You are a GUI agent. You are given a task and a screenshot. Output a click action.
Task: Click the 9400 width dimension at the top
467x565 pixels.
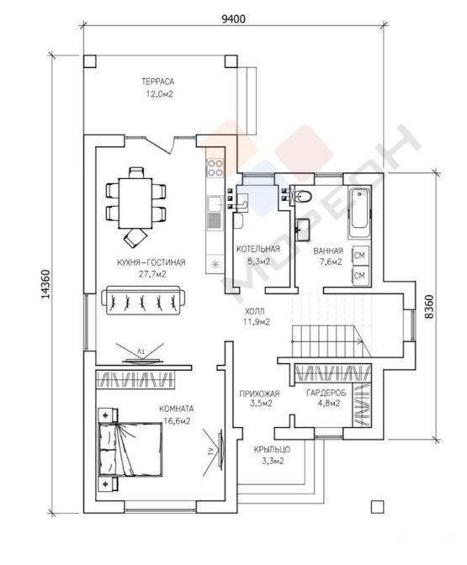coord(233,18)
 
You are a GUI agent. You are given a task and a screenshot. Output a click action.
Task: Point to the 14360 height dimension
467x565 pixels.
coord(45,285)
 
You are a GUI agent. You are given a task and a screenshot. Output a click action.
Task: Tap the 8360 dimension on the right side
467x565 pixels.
coord(429,307)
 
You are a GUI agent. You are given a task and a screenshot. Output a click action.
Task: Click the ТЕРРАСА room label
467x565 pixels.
coord(157,82)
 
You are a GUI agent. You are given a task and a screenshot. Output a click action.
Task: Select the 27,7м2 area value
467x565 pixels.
coord(152,274)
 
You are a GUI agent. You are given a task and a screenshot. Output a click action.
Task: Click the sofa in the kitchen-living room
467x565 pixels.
coord(144,300)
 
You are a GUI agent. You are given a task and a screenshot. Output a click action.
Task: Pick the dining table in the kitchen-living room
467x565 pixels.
coord(135,203)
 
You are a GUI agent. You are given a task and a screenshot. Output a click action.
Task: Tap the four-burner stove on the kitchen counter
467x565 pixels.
coord(215,168)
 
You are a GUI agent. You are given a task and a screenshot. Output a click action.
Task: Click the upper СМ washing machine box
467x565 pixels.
coord(360,256)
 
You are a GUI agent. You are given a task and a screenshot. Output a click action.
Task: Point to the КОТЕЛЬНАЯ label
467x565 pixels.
coord(257,250)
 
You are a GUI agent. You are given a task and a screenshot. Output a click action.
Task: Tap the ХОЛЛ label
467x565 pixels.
coord(255,311)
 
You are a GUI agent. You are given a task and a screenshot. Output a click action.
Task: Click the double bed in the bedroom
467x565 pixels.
coord(130,450)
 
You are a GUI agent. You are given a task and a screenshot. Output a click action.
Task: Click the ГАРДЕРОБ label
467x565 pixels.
coord(326,393)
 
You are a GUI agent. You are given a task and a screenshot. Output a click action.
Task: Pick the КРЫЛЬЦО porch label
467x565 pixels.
coord(272,450)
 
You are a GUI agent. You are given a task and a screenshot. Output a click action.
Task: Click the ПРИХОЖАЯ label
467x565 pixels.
coord(259,393)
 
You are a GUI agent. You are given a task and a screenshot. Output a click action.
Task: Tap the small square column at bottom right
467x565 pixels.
coord(377,507)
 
